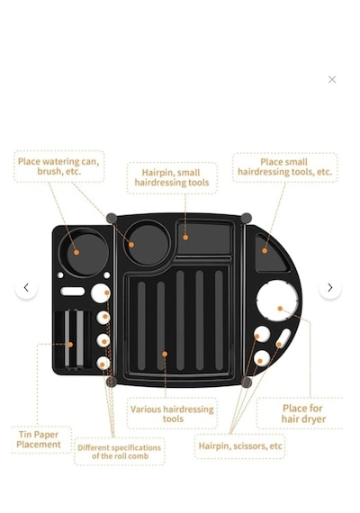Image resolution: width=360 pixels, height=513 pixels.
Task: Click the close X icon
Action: pos(332,79)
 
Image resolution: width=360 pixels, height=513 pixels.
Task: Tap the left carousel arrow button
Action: pos(26,288)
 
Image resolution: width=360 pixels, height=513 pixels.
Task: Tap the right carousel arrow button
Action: pos(330,288)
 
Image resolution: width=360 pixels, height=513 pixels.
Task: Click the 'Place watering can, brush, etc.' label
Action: pos(58,166)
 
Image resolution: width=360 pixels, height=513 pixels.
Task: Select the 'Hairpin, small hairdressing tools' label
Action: pos(172,177)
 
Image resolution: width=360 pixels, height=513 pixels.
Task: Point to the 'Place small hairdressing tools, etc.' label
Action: pos(284,166)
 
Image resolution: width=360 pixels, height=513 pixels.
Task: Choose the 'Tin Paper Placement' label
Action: pos(39,439)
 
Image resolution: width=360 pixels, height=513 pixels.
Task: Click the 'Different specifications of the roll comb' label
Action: pos(119,452)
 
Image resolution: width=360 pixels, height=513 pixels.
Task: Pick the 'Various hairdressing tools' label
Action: pos(172,414)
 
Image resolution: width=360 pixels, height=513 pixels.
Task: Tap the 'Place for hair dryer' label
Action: pos(303,413)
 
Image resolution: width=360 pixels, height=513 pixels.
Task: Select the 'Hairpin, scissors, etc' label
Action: pos(240,446)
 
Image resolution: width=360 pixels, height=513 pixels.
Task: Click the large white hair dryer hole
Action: pos(277,301)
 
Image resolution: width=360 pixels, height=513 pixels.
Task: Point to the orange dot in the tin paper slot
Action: pos(70,345)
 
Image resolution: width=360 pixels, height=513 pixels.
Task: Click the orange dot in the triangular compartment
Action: pos(265,250)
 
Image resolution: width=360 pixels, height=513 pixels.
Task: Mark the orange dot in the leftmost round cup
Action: pos(76,252)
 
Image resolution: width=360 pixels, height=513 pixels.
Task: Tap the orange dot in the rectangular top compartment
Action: pos(185,238)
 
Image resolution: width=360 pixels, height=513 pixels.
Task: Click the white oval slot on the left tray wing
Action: pos(72,292)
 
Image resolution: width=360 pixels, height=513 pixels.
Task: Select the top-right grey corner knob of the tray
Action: pos(246,218)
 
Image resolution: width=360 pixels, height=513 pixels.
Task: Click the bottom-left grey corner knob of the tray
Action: pos(112,382)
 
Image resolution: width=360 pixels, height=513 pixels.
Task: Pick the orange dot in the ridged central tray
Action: pos(165,354)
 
